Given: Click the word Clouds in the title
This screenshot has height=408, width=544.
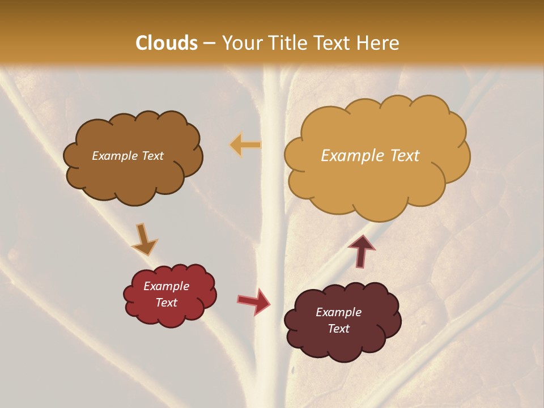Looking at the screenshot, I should (167, 43).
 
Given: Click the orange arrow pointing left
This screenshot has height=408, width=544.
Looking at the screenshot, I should (245, 145).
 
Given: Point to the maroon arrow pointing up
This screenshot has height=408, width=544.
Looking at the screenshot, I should (362, 250).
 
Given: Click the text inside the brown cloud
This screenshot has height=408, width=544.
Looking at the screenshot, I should (127, 156).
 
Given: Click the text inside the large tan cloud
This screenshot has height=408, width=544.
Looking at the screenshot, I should (370, 156).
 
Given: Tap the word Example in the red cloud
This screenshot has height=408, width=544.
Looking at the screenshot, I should (166, 286).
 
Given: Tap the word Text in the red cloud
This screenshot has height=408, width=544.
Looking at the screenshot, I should (166, 303).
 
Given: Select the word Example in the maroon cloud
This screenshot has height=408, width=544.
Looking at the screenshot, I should (338, 312).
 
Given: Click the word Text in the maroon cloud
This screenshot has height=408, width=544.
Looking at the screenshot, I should (338, 329).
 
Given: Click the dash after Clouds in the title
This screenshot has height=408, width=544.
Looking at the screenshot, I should (209, 44).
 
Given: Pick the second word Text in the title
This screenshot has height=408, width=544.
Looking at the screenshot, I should (334, 43).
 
